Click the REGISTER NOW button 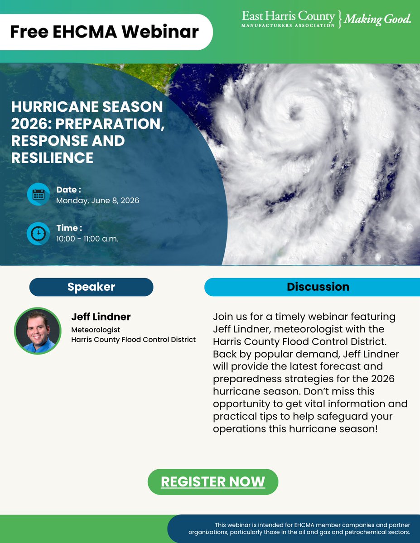point(212,482)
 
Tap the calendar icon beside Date point(39,194)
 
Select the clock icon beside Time point(39,233)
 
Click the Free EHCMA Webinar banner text point(104,32)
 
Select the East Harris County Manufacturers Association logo point(289,19)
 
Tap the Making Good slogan point(378,19)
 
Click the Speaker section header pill point(91,287)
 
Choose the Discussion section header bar point(318,287)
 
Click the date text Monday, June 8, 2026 point(97,201)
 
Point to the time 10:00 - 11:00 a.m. point(87,239)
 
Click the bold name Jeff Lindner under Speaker point(101,317)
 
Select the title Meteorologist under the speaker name point(96,330)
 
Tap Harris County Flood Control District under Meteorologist point(133,340)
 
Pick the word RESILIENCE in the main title point(52,158)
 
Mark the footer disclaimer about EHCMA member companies point(312,529)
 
